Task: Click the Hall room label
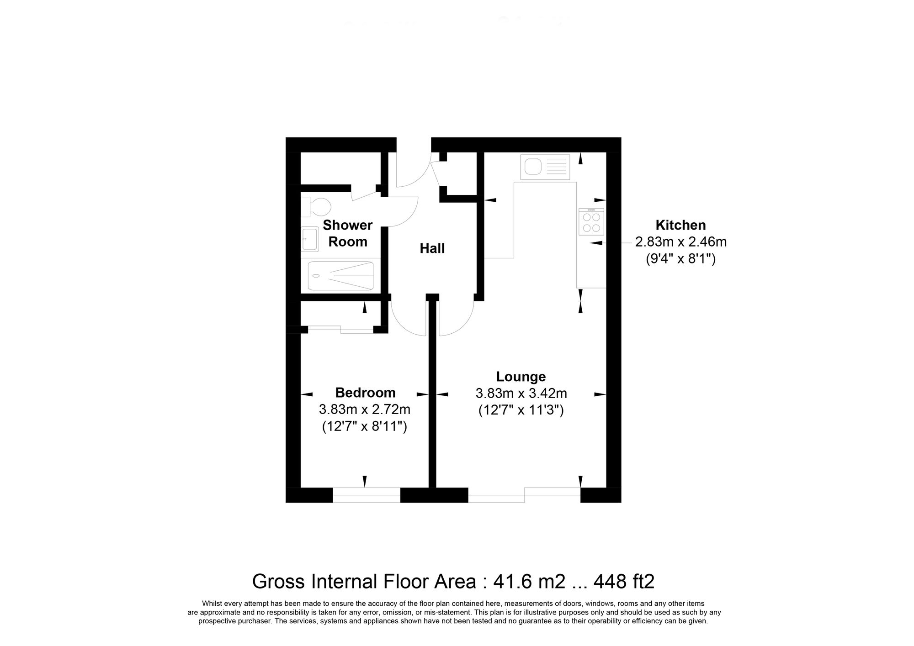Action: click(x=432, y=248)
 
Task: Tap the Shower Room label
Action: click(x=348, y=233)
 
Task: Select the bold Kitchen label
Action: click(x=680, y=225)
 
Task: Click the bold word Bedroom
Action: click(x=365, y=393)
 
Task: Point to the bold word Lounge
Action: click(x=521, y=377)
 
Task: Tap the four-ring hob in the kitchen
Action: click(x=591, y=222)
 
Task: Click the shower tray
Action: click(x=340, y=275)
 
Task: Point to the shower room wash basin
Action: click(x=310, y=239)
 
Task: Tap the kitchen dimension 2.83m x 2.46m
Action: click(x=680, y=242)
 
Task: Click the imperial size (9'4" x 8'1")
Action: click(x=680, y=259)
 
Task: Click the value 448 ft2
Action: click(x=624, y=582)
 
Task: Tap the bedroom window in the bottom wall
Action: click(x=367, y=495)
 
